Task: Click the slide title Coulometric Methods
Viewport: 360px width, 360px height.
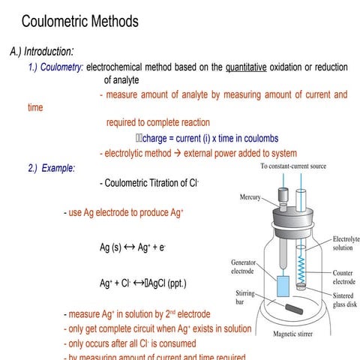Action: click(79, 21)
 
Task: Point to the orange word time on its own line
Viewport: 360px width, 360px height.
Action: click(35, 108)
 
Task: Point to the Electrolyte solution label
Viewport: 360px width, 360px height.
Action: click(346, 243)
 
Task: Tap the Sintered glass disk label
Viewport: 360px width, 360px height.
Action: click(346, 300)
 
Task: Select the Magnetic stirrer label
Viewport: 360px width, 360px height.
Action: click(298, 334)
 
